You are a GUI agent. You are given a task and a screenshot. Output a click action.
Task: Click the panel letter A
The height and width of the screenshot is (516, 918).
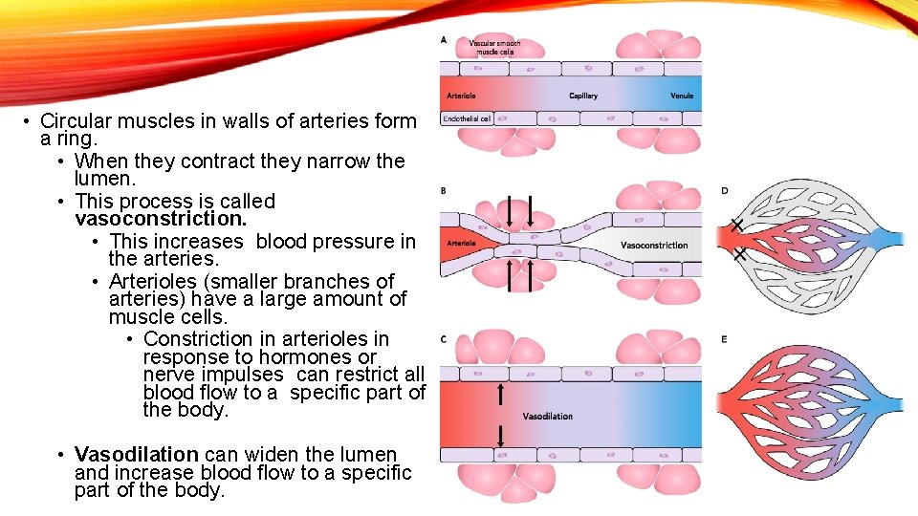pos(443,40)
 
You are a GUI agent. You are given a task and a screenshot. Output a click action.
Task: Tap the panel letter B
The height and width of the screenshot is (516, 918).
pos(443,191)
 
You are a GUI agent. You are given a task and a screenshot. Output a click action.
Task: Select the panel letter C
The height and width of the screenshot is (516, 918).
pos(443,339)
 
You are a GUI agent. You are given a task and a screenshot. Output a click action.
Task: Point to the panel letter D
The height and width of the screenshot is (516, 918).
pos(725,191)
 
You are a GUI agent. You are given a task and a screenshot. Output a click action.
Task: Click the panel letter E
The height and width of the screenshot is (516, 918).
pos(725,339)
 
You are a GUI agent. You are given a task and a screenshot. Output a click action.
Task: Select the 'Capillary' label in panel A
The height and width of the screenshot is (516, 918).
pos(582,97)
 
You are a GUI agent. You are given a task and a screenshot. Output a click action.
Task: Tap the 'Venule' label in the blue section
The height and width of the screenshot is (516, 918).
pos(682,97)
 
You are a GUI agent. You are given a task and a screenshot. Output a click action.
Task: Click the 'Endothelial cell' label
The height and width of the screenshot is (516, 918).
pos(467,119)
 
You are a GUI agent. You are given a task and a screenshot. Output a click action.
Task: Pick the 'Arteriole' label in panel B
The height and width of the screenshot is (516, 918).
pos(461,244)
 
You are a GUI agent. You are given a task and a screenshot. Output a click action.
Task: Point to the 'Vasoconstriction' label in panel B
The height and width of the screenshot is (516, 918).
pos(654,246)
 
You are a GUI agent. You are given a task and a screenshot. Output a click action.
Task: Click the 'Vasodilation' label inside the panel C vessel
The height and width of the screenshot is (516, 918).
pos(548,417)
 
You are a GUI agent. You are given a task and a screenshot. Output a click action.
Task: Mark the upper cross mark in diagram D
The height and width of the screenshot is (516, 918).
pos(736,226)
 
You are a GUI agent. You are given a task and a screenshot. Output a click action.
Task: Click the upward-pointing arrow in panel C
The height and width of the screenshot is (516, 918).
pos(499,395)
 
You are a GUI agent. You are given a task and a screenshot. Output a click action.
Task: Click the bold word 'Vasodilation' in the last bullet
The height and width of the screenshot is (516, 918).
pos(136,455)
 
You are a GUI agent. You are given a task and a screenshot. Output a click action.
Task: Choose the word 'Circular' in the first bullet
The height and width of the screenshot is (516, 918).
pos(77,121)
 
